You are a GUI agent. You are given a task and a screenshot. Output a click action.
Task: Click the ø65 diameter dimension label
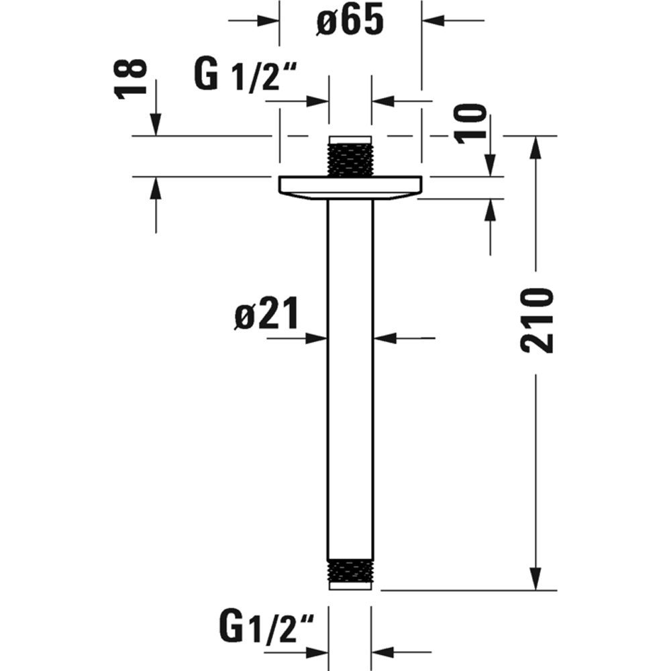350,21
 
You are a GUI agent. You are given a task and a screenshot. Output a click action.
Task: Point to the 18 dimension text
132,79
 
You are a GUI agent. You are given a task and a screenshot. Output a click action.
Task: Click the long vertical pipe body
350,376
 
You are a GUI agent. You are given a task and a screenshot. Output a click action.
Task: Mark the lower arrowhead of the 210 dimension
535,578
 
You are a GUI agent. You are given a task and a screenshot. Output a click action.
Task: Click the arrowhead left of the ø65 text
270,21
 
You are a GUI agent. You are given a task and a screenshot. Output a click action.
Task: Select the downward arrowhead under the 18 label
156,125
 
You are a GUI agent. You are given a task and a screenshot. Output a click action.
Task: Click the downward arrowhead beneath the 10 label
490,165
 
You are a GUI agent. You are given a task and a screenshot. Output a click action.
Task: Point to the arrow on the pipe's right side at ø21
383,339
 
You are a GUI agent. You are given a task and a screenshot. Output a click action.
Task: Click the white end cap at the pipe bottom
350,586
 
